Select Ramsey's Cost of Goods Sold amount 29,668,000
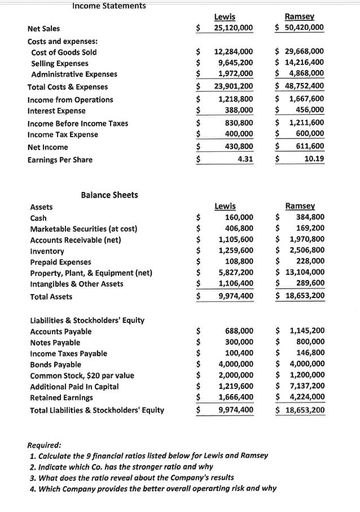[303, 52]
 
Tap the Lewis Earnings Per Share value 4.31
[245, 160]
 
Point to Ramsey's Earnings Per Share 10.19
[314, 160]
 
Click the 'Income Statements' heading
[109, 6]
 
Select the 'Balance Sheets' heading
[109, 195]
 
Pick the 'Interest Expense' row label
[56, 111]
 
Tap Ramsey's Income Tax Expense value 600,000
[310, 134]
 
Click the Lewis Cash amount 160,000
[239, 218]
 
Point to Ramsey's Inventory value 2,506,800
[306, 251]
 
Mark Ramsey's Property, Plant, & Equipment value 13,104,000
[303, 273]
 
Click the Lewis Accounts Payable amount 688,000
[239, 331]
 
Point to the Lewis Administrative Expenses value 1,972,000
[236, 74]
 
